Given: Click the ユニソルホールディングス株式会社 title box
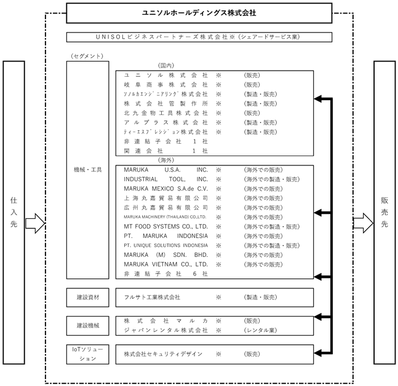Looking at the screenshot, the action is tap(199, 13).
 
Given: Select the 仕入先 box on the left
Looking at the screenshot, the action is tap(14, 212).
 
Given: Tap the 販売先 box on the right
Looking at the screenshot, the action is tap(384, 212).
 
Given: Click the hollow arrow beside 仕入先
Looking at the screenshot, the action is tap(35, 223).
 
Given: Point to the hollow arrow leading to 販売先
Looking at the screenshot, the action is tap(363, 223).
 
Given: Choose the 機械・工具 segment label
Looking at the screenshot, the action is tap(88, 170).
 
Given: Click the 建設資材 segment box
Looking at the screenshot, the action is tap(88, 297).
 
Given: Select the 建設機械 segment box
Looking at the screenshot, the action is tap(88, 325).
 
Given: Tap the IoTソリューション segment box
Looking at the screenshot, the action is tap(88, 354).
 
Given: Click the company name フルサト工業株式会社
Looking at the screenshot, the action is tap(152, 297).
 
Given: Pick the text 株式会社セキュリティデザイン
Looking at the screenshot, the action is tap(163, 354).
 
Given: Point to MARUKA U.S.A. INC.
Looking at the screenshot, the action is tap(165, 170).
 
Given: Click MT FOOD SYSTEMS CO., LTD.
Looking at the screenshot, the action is tap(165, 226).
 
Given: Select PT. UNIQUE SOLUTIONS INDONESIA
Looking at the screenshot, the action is tap(165, 245).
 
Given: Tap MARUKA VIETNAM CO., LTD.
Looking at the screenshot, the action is tap(165, 264).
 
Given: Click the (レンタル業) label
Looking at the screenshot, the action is tap(260, 330).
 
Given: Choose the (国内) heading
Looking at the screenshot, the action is tap(166, 65).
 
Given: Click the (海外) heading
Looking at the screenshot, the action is tap(166, 160).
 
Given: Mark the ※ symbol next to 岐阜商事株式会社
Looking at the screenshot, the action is tap(218, 85).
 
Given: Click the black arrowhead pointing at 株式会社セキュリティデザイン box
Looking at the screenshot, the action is tap(318, 353).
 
